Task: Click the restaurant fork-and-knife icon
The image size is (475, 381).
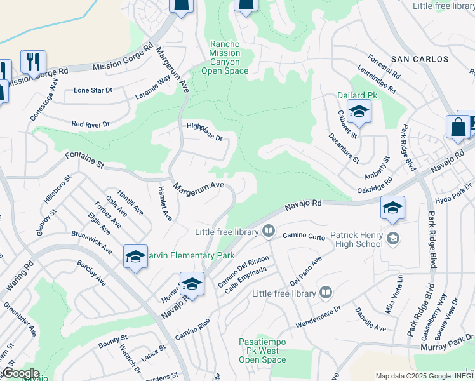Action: [x=32, y=62]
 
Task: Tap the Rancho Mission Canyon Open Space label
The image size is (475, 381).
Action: [x=225, y=57]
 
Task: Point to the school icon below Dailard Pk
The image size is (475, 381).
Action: [x=359, y=112]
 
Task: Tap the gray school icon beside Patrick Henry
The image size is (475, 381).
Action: [x=393, y=238]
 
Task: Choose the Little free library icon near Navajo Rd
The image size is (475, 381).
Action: [x=269, y=231]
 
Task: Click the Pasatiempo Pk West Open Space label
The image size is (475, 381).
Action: [x=262, y=351]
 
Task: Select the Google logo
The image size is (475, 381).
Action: [x=21, y=373]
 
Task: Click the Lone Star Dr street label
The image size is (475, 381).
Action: [x=93, y=90]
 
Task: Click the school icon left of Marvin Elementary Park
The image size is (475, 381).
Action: [x=135, y=257]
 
